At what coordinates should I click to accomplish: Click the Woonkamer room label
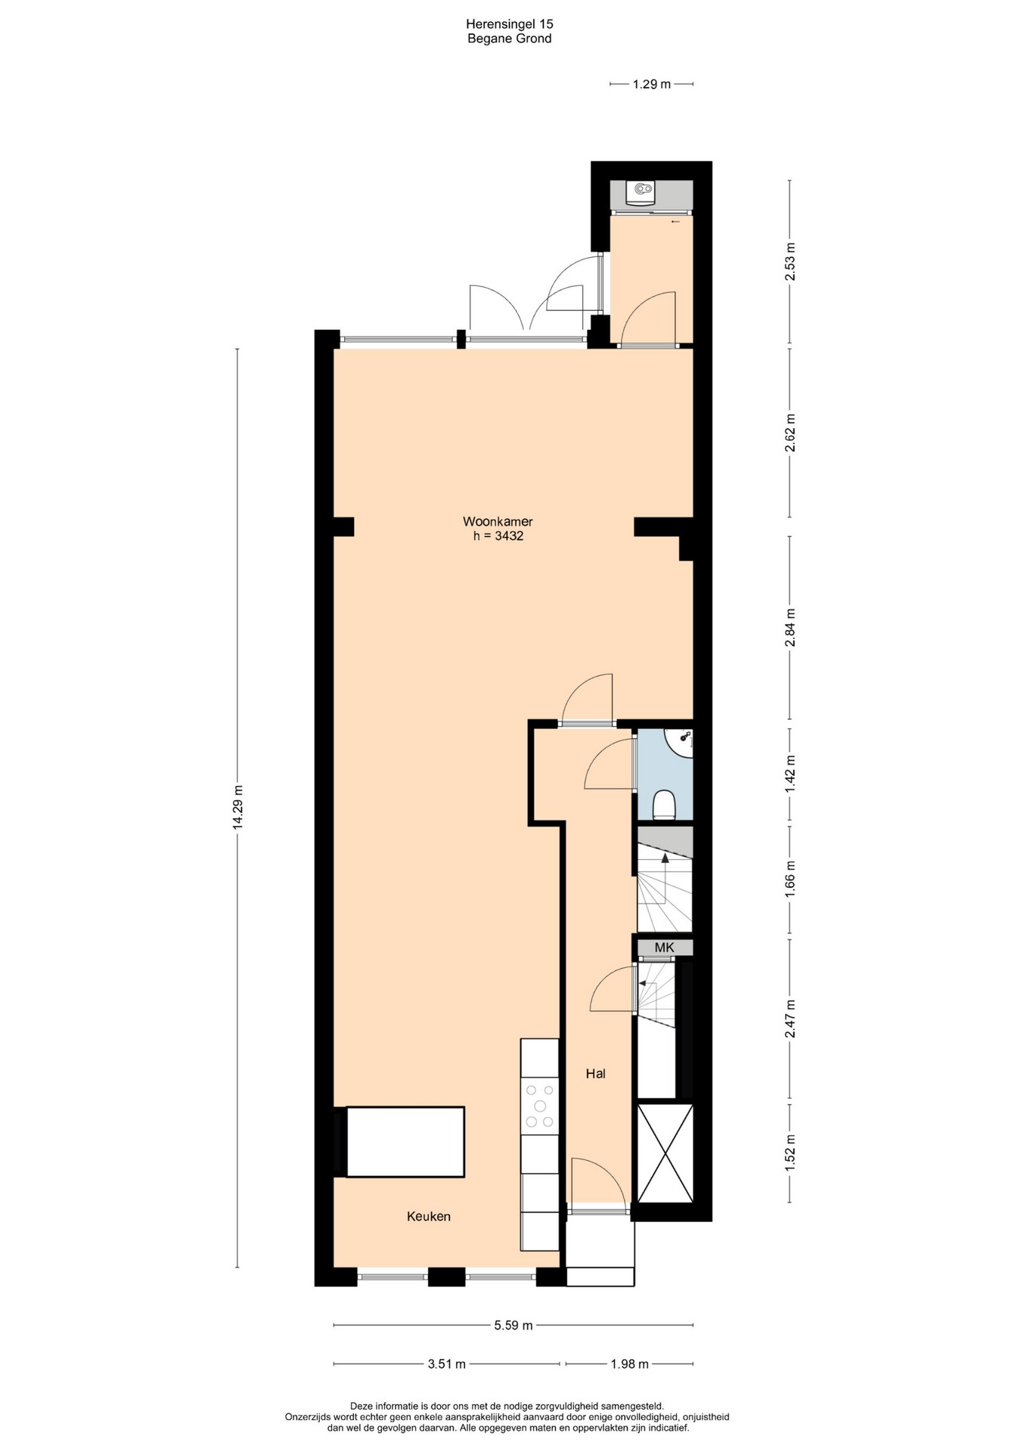[498, 522]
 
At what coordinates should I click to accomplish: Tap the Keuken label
[429, 1217]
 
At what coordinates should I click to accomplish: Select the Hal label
[596, 1073]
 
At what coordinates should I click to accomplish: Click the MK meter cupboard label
[664, 948]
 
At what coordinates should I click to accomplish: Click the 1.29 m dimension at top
[651, 84]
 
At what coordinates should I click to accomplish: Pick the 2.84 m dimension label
[790, 628]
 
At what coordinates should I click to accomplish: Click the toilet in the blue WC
[664, 805]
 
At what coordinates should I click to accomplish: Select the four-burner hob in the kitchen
[540, 1106]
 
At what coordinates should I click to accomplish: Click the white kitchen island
[405, 1142]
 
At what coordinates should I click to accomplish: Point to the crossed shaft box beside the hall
[666, 1153]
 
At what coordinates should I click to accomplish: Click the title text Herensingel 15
[509, 24]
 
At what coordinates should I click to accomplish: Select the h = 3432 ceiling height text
[498, 536]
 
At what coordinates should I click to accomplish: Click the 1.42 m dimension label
[790, 774]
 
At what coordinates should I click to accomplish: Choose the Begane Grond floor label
[509, 39]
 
